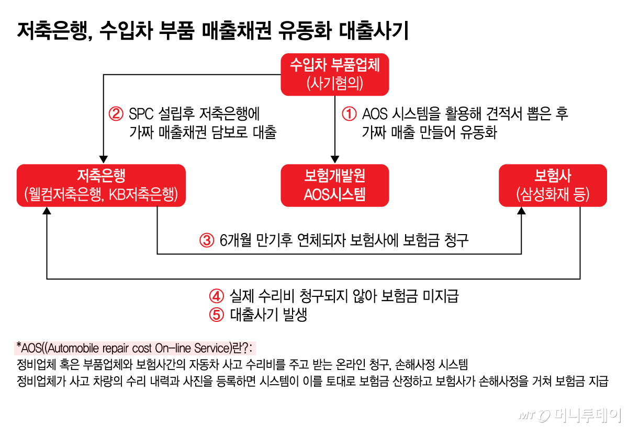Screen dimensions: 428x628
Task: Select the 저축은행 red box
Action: [101, 185]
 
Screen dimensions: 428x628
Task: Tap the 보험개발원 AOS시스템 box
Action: [335, 185]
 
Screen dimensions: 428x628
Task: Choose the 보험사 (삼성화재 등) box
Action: [553, 185]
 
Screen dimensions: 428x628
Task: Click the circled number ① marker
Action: [349, 113]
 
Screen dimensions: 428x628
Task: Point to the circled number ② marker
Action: [115, 113]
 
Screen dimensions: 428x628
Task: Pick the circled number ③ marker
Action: [207, 240]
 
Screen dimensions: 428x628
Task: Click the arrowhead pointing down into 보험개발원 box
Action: [335, 159]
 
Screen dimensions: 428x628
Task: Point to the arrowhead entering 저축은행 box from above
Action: [104, 159]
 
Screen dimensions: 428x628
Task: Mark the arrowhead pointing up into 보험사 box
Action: [522, 211]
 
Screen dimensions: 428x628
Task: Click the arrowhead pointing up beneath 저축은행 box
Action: [47, 211]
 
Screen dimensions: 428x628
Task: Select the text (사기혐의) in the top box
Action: [335, 83]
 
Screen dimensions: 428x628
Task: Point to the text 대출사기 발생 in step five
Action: [267, 315]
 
